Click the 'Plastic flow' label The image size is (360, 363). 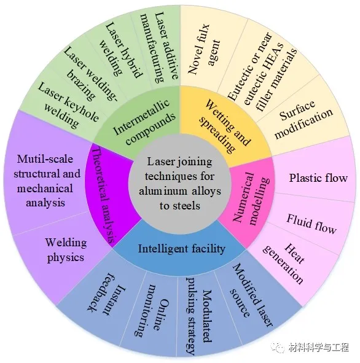[318, 178]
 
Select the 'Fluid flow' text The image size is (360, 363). [311, 224]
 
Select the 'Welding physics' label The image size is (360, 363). [66, 250]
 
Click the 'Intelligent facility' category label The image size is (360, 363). [181, 249]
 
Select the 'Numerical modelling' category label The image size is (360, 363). [252, 198]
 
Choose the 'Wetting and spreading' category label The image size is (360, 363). [225, 126]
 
